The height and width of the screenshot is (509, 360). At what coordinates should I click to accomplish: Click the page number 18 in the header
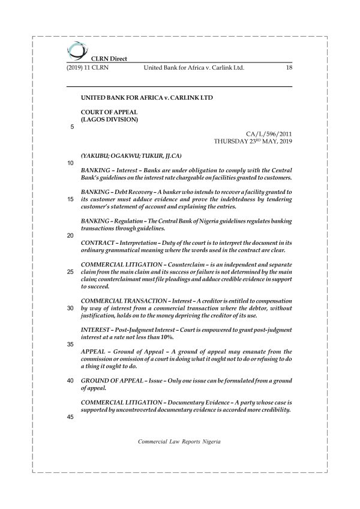tap(289, 68)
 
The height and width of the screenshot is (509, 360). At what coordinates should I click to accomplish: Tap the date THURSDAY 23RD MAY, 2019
tap(253, 142)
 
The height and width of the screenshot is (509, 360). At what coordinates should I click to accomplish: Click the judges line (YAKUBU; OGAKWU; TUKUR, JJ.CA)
tap(124, 155)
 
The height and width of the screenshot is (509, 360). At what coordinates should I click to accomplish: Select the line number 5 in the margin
tap(72, 127)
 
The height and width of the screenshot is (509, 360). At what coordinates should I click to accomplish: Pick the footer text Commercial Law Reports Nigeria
tap(179, 441)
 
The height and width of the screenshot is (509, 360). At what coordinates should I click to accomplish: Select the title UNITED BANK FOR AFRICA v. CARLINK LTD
tap(146, 97)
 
